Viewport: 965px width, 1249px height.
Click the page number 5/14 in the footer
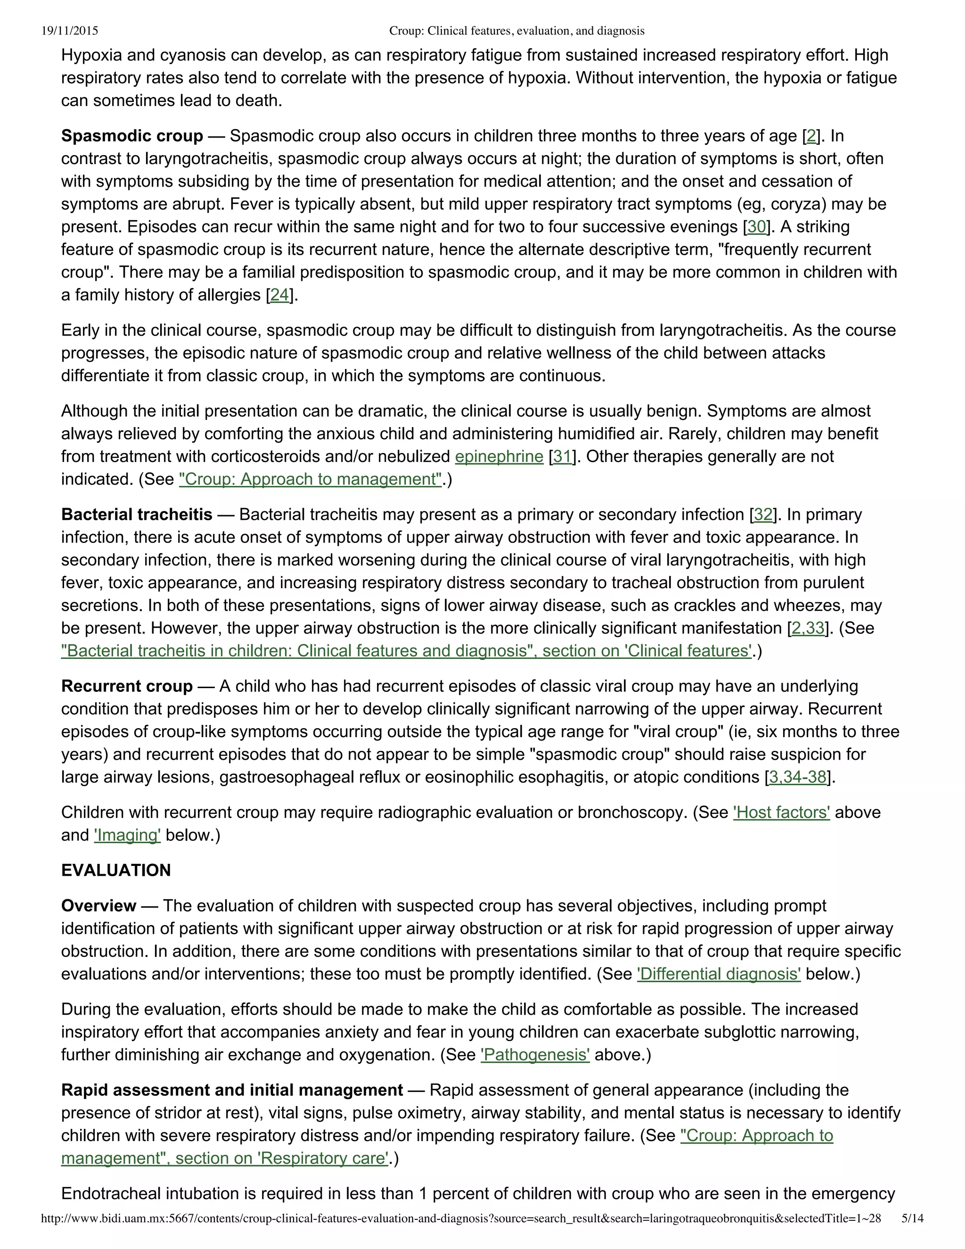click(912, 1233)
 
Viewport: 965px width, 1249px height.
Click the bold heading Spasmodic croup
click(132, 136)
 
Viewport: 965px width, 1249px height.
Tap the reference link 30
click(756, 227)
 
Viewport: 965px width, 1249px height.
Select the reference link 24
click(279, 295)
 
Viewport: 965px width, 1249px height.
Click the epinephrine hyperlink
click(499, 456)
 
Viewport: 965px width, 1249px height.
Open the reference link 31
click(563, 456)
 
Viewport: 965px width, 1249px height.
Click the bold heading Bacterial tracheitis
click(137, 515)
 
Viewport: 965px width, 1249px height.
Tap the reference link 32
click(763, 515)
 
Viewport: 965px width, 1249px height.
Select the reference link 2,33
click(808, 628)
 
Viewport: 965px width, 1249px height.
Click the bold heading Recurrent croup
click(127, 686)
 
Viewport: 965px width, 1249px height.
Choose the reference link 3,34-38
click(798, 777)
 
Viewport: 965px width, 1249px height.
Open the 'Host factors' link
click(781, 813)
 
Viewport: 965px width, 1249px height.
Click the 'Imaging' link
click(128, 835)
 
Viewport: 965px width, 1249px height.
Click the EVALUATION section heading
click(116, 871)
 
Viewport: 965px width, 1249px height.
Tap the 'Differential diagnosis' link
click(719, 974)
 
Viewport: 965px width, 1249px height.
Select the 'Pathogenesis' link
click(535, 1054)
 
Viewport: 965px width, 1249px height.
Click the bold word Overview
click(99, 906)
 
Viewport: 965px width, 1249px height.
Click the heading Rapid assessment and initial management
click(232, 1090)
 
